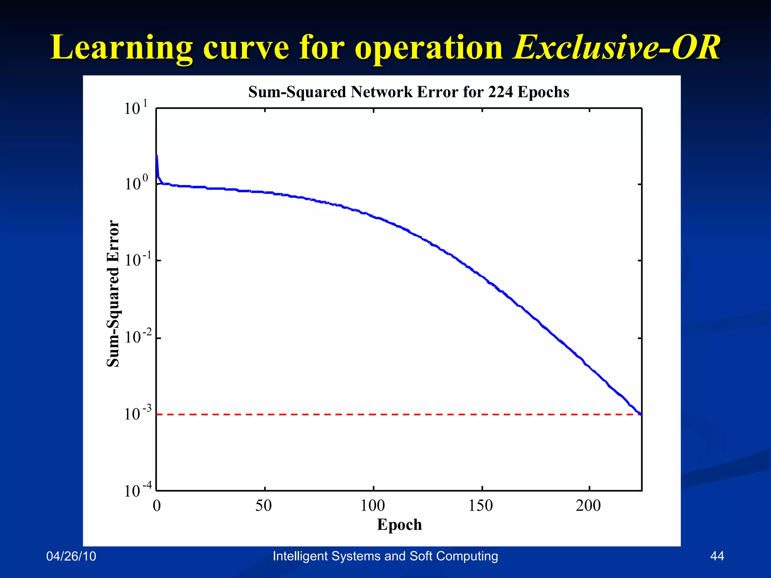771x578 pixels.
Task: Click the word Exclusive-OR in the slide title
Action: pos(616,48)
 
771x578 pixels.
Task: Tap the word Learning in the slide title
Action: pos(121,48)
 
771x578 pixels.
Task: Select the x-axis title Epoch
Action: pos(399,525)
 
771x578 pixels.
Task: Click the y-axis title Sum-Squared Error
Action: pos(113,294)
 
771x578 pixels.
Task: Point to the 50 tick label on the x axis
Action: pos(264,505)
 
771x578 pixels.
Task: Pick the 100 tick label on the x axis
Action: pos(373,505)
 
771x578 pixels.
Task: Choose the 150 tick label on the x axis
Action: pos(481,505)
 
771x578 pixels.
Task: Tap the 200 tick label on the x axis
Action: pos(588,505)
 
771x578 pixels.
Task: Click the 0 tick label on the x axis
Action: pos(157,505)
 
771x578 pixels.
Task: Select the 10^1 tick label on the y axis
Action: pos(136,108)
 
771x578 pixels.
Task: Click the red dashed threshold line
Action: pos(376,414)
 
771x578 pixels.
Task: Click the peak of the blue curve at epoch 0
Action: pos(157,156)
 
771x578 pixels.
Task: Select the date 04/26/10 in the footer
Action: pos(71,556)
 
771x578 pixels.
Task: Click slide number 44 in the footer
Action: pos(717,556)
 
